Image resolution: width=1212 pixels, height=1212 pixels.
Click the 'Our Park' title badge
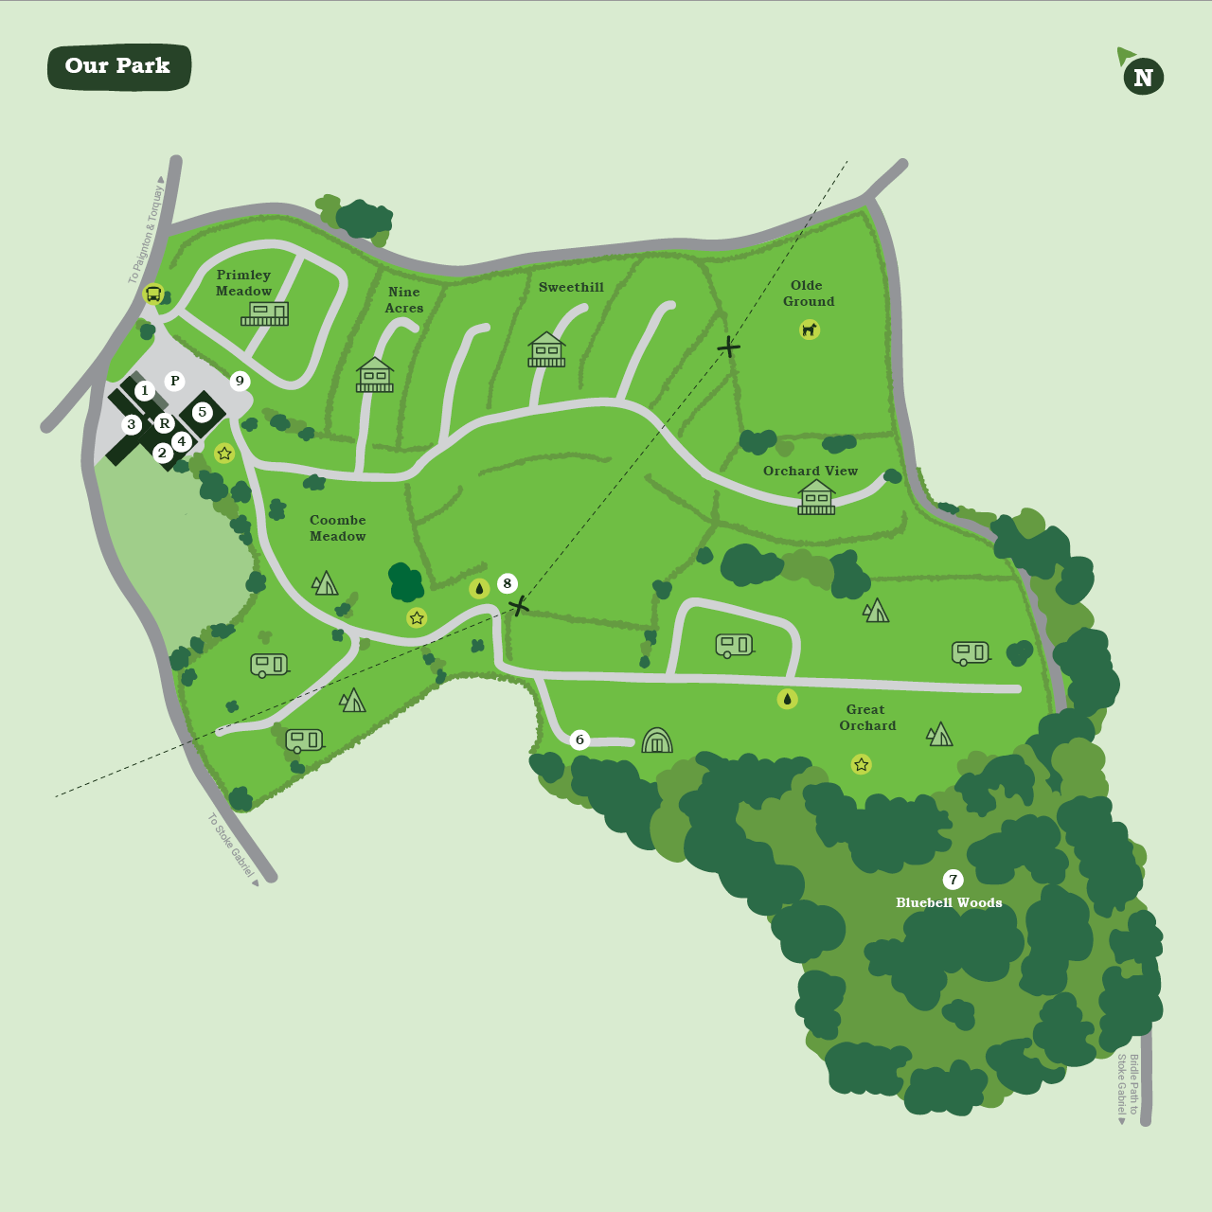click(119, 66)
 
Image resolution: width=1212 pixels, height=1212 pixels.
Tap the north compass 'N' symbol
click(1143, 78)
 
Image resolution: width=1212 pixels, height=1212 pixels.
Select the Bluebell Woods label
click(949, 903)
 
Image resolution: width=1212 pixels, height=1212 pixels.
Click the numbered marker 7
click(954, 880)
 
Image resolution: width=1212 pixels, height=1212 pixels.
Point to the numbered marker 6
click(580, 740)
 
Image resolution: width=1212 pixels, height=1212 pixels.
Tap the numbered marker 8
click(508, 583)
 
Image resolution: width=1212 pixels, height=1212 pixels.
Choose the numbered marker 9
click(240, 381)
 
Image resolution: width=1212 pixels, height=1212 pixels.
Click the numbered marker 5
click(202, 412)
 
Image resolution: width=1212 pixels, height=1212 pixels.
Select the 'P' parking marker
click(174, 381)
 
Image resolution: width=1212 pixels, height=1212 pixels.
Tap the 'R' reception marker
click(164, 423)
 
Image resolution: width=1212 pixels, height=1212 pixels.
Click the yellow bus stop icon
click(153, 294)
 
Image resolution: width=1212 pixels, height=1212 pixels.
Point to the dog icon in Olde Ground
click(810, 330)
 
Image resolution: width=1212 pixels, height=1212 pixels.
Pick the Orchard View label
click(811, 471)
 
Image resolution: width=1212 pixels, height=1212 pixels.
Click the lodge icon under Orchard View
click(816, 497)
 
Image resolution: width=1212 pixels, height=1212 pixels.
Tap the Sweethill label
click(571, 287)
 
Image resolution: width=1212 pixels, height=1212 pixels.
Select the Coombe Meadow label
click(338, 528)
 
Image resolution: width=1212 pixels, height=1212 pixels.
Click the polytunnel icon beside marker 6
click(656, 740)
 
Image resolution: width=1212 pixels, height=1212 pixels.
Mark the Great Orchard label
click(866, 718)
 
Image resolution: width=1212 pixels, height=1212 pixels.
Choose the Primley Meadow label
click(243, 283)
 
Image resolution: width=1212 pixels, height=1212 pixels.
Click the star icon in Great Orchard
click(861, 764)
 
